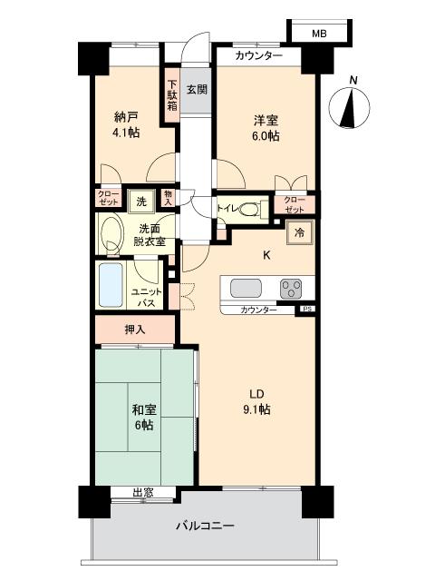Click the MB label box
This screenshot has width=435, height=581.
(318, 34)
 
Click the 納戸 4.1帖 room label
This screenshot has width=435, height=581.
(126, 123)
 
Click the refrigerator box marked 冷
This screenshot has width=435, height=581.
(298, 232)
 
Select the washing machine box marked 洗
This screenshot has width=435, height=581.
(141, 201)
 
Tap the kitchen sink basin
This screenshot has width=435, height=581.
(247, 289)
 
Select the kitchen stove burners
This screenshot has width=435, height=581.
(293, 289)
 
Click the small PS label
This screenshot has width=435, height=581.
(306, 310)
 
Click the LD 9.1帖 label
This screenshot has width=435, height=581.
(257, 400)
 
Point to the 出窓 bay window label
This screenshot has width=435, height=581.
(142, 493)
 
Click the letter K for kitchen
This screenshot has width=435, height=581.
(266, 255)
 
